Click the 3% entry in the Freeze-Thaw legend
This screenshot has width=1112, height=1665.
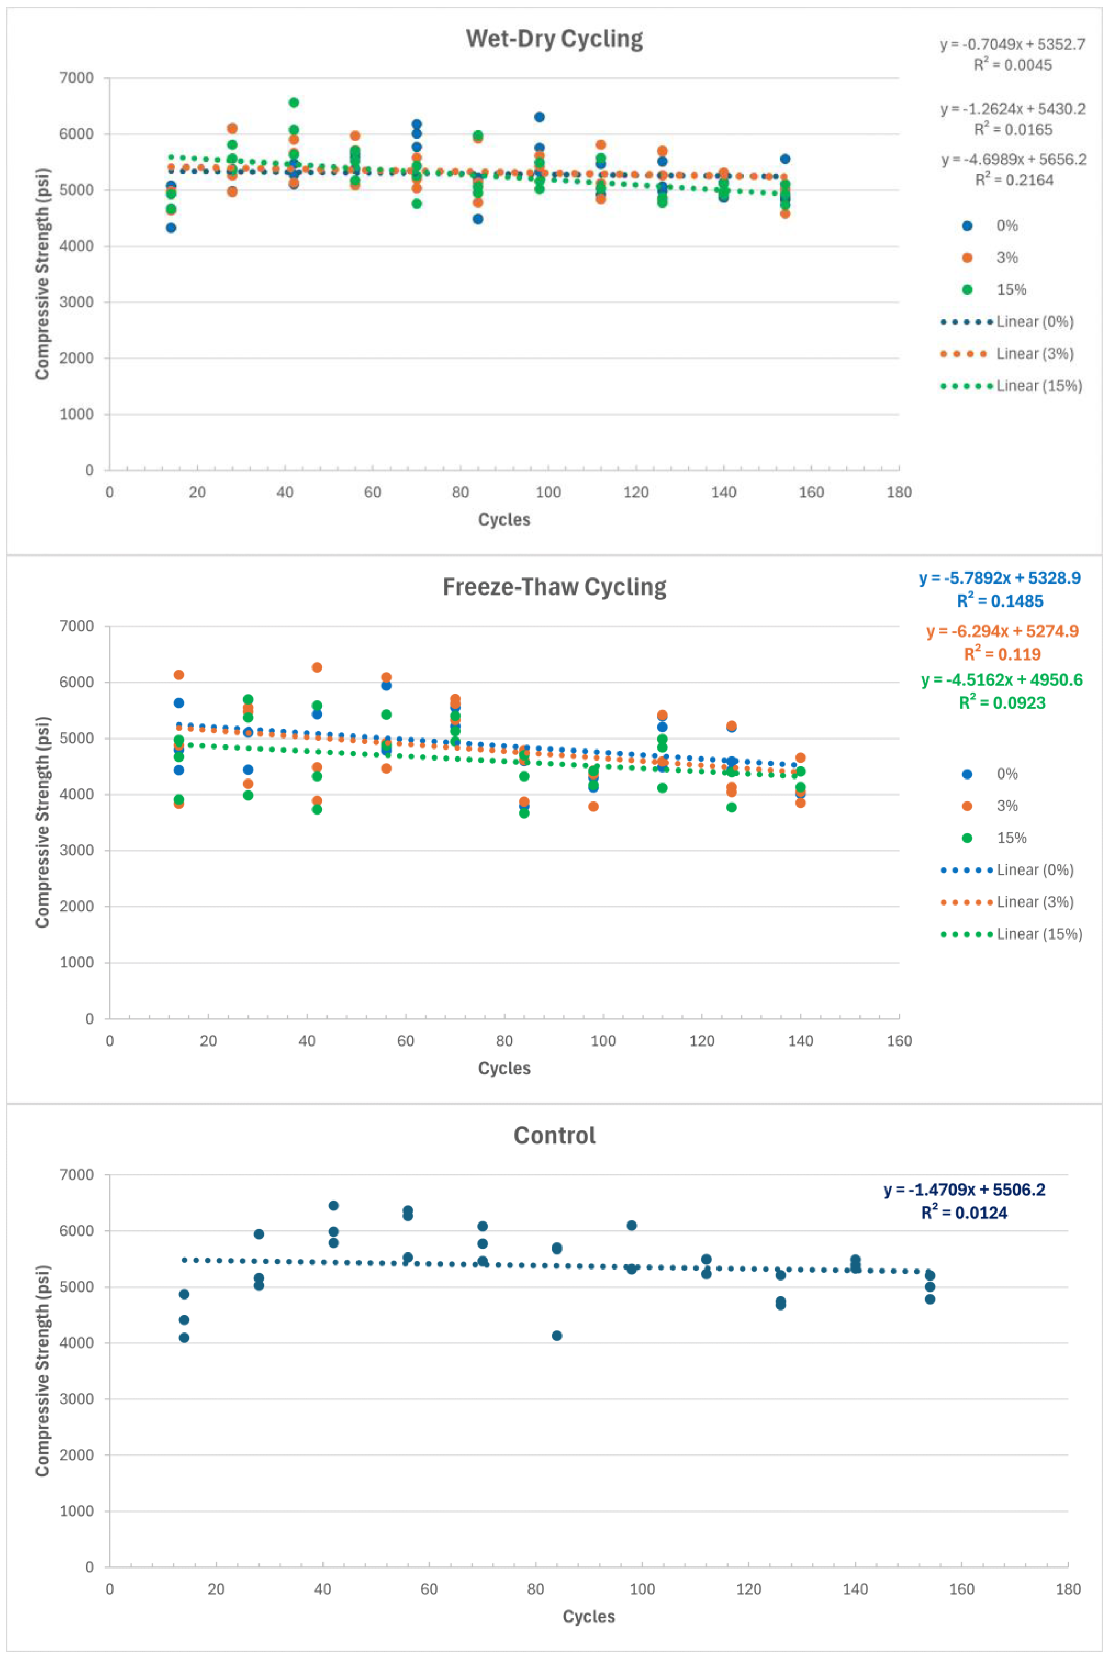click(x=1006, y=806)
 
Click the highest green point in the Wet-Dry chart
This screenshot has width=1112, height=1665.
click(x=294, y=103)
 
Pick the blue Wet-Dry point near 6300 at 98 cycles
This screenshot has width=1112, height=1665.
click(x=539, y=117)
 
